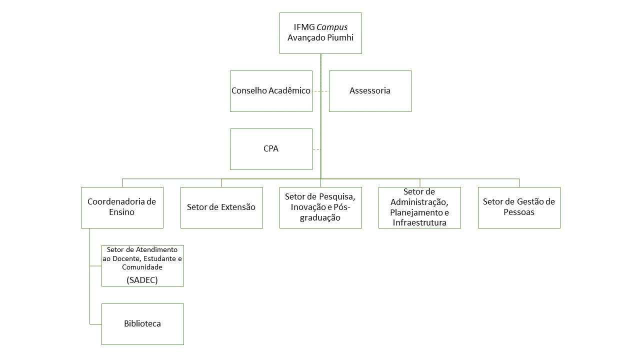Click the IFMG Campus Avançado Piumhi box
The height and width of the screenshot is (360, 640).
pyautogui.click(x=320, y=33)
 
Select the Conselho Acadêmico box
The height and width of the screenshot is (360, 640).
pyautogui.click(x=271, y=91)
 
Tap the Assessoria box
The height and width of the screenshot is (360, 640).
pyautogui.click(x=370, y=91)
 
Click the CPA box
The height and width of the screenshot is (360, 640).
pyautogui.click(x=271, y=149)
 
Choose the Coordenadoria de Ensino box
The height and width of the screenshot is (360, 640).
pyautogui.click(x=122, y=207)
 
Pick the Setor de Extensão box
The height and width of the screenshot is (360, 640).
pyautogui.click(x=221, y=207)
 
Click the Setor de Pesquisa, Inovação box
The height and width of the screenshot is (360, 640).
pyautogui.click(x=320, y=207)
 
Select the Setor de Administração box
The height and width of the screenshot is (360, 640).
pyautogui.click(x=419, y=207)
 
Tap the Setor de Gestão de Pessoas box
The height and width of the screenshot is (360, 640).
pyautogui.click(x=519, y=207)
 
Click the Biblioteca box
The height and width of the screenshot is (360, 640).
pyautogui.click(x=142, y=324)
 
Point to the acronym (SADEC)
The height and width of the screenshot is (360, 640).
pyautogui.click(x=142, y=280)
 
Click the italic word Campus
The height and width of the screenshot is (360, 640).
pyautogui.click(x=332, y=27)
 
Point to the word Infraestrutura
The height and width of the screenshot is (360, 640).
pyautogui.click(x=419, y=222)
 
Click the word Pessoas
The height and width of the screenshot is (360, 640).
pyautogui.click(x=519, y=212)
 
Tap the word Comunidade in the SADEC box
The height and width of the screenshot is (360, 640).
pyautogui.click(x=142, y=267)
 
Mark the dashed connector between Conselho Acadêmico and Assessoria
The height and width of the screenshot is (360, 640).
pyautogui.click(x=320, y=91)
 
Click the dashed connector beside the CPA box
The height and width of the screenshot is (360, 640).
pyautogui.click(x=316, y=149)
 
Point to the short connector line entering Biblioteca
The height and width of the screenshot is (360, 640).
pyautogui.click(x=95, y=324)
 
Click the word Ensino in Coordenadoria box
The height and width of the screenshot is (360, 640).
pyautogui.click(x=122, y=212)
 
